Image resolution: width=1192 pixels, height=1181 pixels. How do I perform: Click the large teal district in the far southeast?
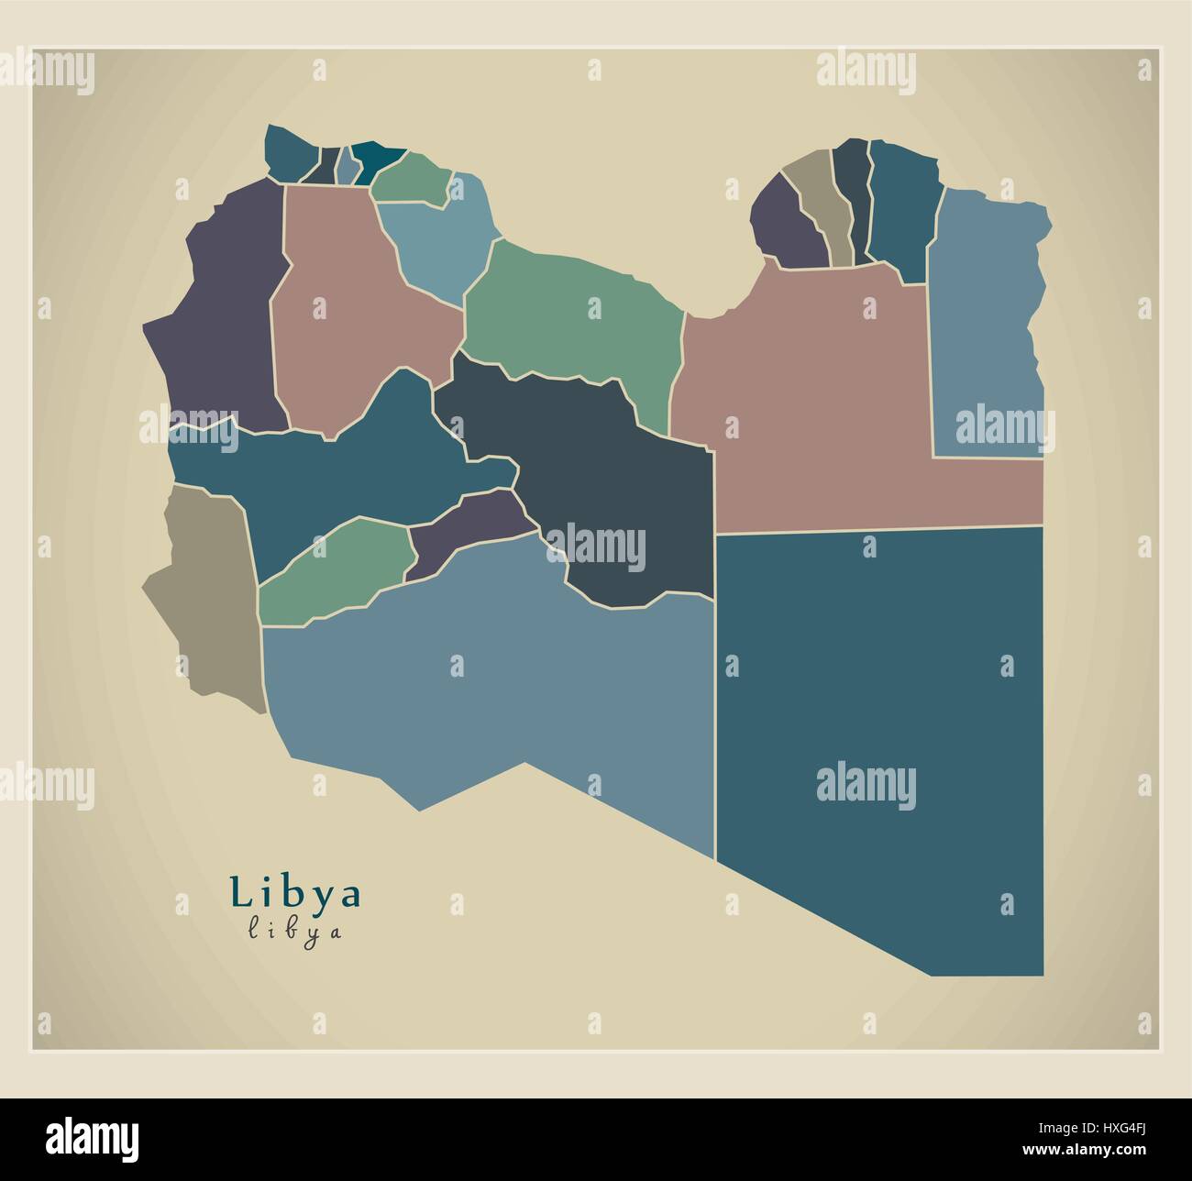pyautogui.click(x=880, y=715)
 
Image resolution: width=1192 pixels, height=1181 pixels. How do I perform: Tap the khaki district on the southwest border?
pyautogui.click(x=206, y=596)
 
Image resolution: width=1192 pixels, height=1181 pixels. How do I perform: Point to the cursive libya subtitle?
pyautogui.click(x=295, y=932)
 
